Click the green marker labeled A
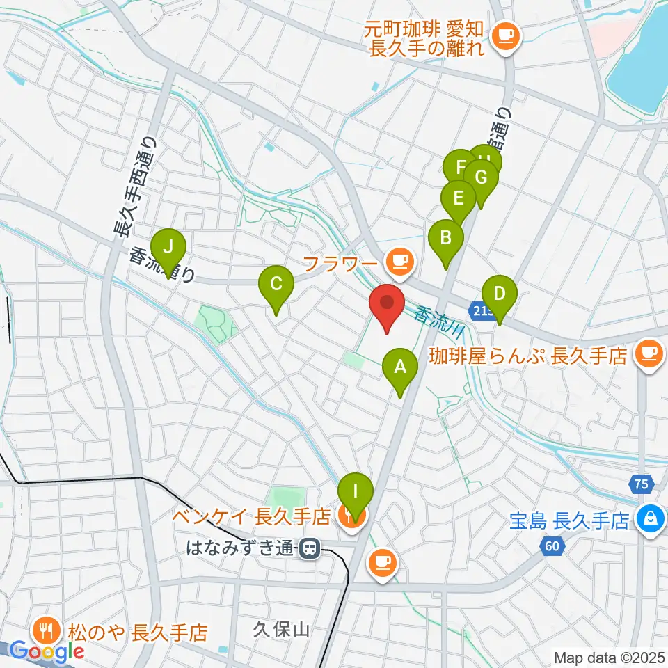click(x=400, y=367)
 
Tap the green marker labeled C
click(x=276, y=284)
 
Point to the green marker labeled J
click(x=168, y=246)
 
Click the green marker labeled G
click(x=481, y=177)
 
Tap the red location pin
click(x=387, y=305)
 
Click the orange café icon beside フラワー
click(x=399, y=262)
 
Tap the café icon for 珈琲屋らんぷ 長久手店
click(x=650, y=352)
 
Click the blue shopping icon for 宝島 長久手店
click(x=650, y=519)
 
